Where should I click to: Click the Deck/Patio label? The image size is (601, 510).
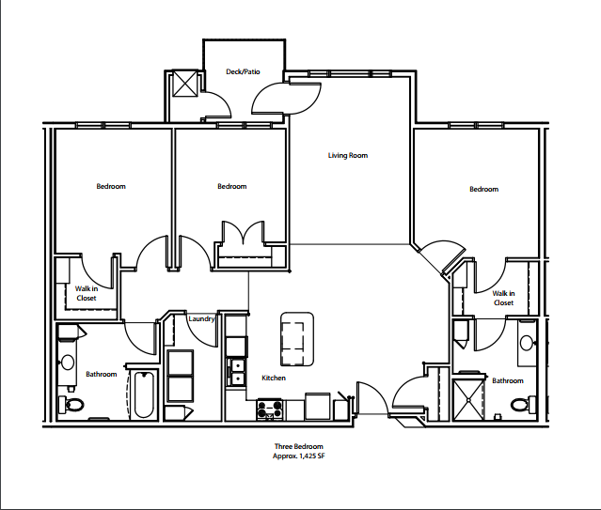pos(242,71)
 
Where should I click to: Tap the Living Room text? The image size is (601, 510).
pos(347,155)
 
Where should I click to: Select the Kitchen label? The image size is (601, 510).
pos(274,378)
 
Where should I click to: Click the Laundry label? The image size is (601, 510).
pos(201,319)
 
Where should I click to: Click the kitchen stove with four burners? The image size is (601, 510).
pos(271,410)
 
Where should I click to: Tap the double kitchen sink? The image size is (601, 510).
pos(236,368)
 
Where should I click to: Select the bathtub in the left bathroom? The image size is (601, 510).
pos(144,395)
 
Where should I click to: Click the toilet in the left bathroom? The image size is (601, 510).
pos(71,405)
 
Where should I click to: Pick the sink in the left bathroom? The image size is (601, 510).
pos(68,361)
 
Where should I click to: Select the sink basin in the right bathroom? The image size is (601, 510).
pos(527,342)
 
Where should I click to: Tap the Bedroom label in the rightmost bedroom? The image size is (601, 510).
pos(483,190)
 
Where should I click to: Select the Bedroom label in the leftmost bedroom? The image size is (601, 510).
pos(111,186)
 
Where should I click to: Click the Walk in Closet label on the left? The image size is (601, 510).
pos(87,293)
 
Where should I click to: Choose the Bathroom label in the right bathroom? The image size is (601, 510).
pos(509,380)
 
